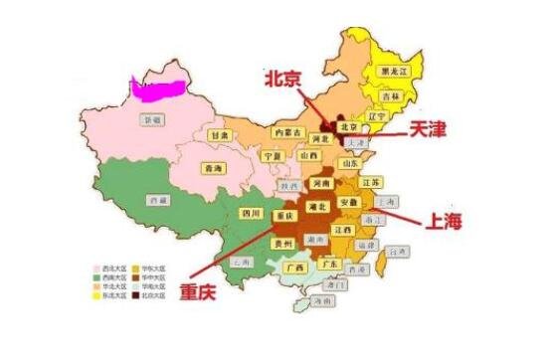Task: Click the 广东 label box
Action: coord(334,265)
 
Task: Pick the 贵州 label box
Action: coord(282,242)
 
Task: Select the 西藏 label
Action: coord(154,200)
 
